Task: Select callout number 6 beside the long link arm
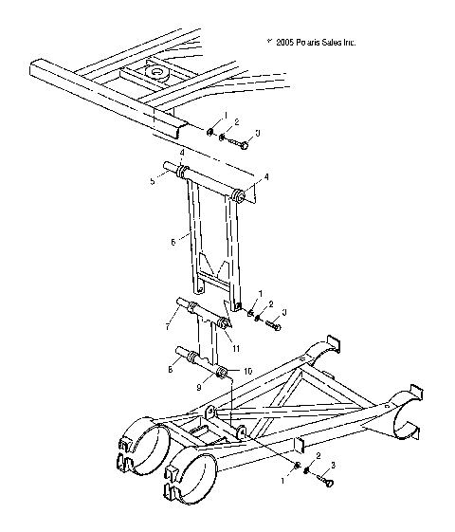pyautogui.click(x=173, y=243)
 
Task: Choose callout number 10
pyautogui.click(x=247, y=372)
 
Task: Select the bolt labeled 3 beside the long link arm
pyautogui.click(x=273, y=324)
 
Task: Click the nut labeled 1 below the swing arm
pyautogui.click(x=299, y=467)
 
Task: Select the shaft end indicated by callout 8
pyautogui.click(x=183, y=355)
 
